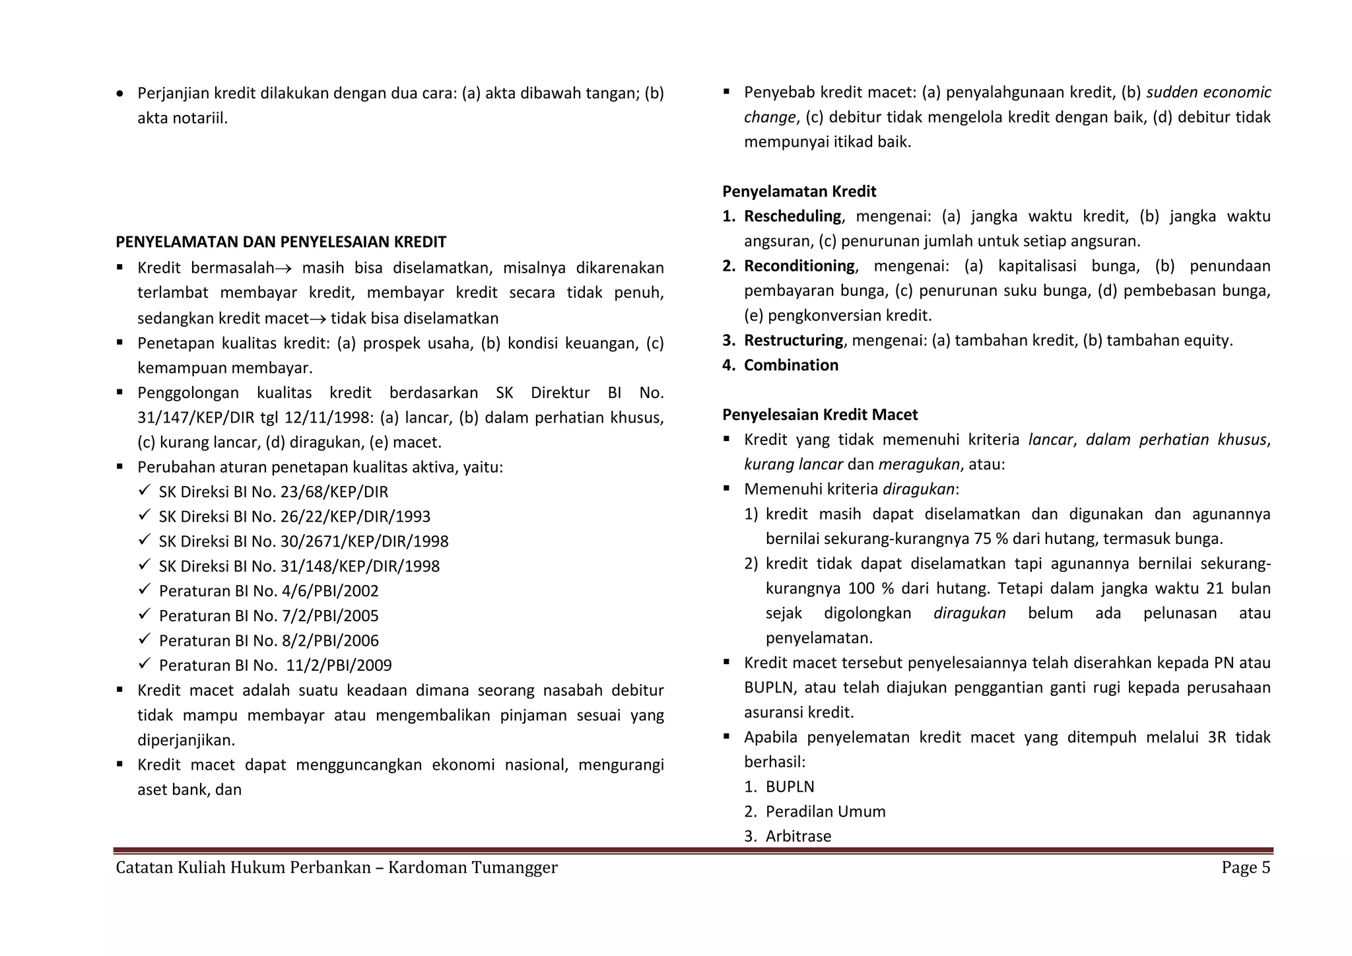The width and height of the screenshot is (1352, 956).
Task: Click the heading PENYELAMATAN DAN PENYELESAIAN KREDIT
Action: [281, 242]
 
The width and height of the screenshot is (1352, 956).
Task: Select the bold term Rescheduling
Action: [792, 217]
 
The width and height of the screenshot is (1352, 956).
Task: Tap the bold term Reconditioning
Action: [799, 266]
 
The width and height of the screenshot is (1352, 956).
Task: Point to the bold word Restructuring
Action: [793, 341]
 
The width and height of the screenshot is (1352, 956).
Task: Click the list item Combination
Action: [791, 365]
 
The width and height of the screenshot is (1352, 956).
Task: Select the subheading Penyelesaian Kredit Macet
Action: [820, 415]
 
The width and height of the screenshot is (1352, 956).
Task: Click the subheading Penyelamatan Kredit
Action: [799, 191]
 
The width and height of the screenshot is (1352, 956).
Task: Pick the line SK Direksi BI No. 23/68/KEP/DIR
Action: [273, 492]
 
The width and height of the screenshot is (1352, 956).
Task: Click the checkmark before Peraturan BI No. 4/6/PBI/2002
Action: [145, 590]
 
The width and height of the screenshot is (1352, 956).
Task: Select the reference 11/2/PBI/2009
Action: [339, 666]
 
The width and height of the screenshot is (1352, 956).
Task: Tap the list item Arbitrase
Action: [798, 836]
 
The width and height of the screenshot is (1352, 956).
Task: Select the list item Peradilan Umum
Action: [825, 811]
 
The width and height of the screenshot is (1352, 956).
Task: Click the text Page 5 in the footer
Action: [1245, 868]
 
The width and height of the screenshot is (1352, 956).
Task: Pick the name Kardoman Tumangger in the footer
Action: [473, 868]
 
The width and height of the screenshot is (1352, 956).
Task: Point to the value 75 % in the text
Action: [990, 539]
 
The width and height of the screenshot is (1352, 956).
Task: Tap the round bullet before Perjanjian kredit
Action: [119, 94]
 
